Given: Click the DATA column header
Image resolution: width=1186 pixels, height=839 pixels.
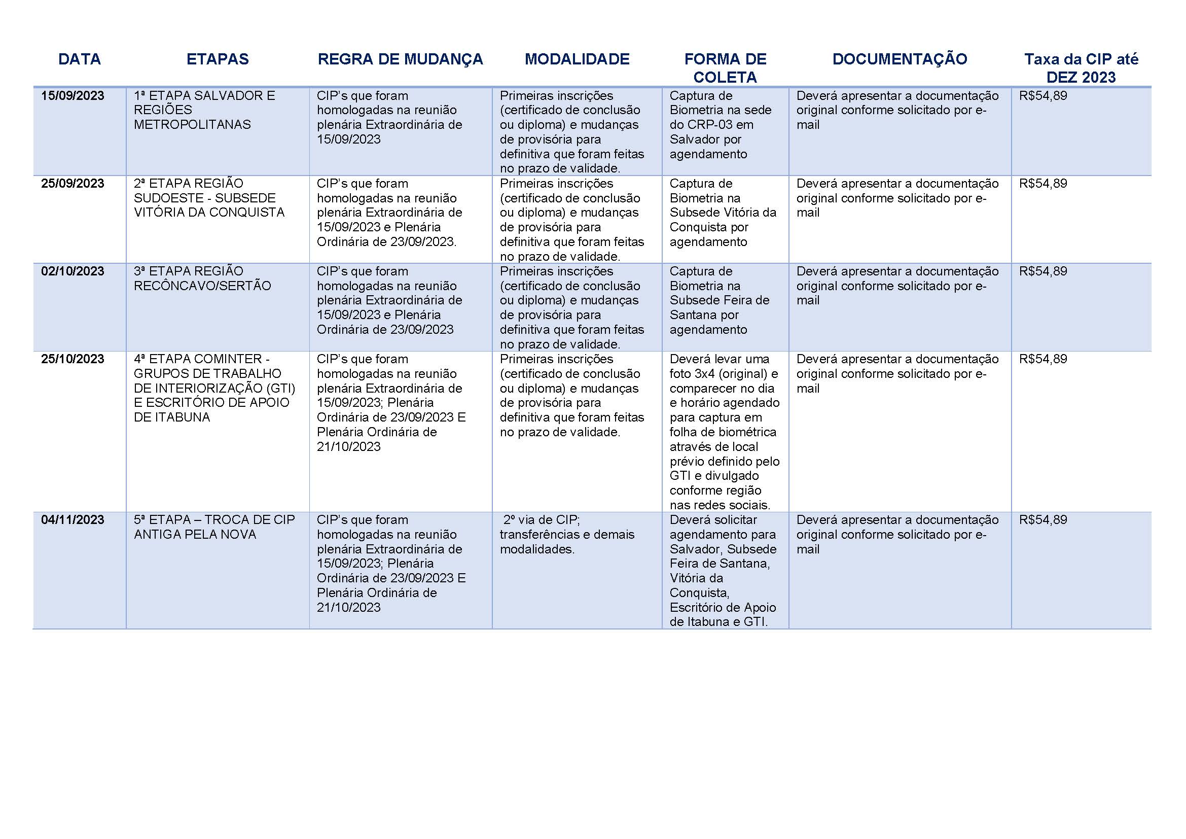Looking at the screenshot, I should point(79,59).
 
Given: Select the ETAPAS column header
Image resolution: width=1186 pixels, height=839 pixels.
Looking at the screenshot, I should point(218,59).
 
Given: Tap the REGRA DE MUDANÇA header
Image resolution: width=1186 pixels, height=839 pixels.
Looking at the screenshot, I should point(401,59).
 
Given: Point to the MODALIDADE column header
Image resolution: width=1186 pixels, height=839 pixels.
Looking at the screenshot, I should point(577,59).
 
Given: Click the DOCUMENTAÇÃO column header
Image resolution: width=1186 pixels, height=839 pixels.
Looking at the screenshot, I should point(900,59).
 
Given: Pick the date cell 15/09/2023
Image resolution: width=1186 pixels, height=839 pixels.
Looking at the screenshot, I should point(73,96).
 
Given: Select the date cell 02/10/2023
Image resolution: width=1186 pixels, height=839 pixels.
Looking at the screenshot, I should point(73,272).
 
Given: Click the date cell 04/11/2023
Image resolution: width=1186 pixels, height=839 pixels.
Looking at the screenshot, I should point(73,520).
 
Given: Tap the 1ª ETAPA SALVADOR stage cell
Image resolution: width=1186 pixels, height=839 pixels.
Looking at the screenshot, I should point(204,110).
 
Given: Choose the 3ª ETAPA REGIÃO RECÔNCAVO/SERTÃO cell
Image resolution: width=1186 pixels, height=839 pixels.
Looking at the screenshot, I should point(202,279).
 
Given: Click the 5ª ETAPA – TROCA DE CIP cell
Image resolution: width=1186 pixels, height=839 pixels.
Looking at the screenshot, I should point(214,527).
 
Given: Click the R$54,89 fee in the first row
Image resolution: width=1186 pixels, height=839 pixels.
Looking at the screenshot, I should point(1043,96).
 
